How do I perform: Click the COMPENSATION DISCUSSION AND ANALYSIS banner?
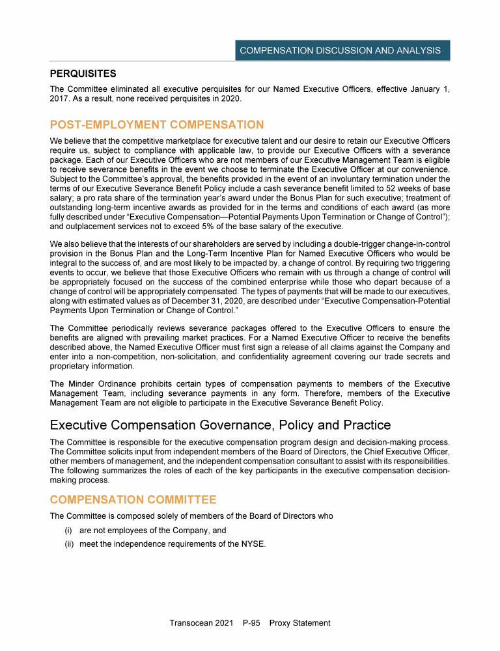(x=340, y=50)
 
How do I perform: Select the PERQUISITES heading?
(x=83, y=74)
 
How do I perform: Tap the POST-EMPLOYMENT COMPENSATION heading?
(x=156, y=124)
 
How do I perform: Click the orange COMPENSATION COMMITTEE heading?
(x=133, y=499)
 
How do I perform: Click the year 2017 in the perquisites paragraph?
(x=60, y=98)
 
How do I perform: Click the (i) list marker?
(x=67, y=531)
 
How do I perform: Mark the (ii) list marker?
(x=68, y=544)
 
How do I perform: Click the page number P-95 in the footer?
(x=251, y=623)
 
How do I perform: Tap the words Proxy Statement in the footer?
(x=299, y=623)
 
